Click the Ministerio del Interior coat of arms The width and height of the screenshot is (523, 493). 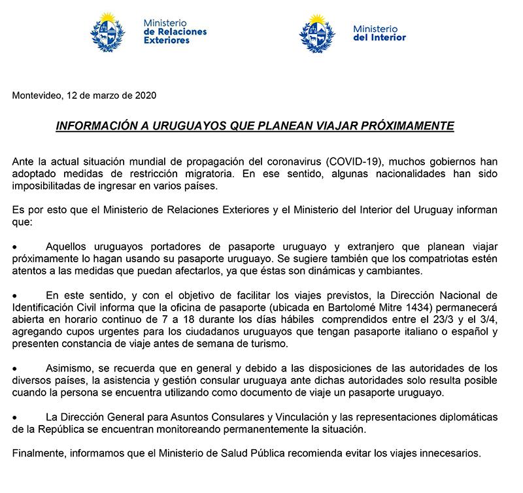[x=318, y=31]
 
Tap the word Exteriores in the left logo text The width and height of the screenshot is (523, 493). [x=167, y=40]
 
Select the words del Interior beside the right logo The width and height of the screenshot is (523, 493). [x=379, y=37]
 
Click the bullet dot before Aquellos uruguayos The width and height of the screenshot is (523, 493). [x=16, y=247]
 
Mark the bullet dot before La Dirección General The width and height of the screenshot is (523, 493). [x=16, y=417]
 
